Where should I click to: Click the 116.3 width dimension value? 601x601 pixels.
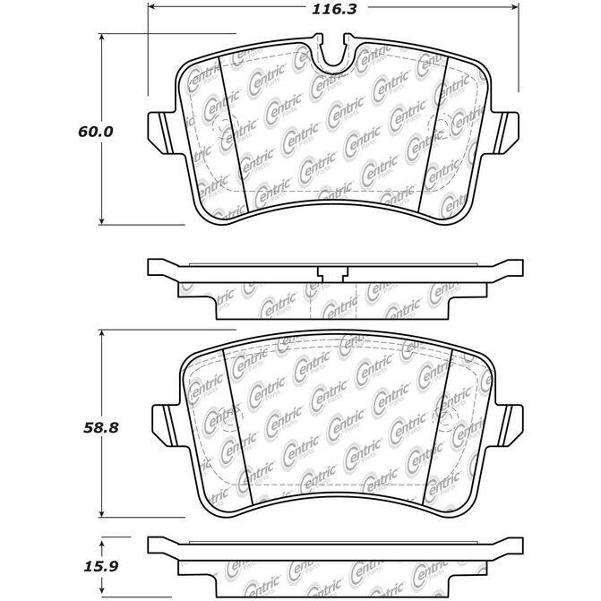[x=334, y=9]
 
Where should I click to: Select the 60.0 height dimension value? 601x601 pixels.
[x=96, y=132]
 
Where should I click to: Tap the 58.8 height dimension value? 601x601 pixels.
[x=101, y=428]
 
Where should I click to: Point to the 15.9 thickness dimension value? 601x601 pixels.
[x=101, y=566]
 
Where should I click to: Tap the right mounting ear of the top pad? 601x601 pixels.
[x=505, y=133]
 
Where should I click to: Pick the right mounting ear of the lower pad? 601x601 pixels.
[x=509, y=425]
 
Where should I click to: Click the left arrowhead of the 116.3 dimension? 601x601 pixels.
[x=151, y=6]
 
